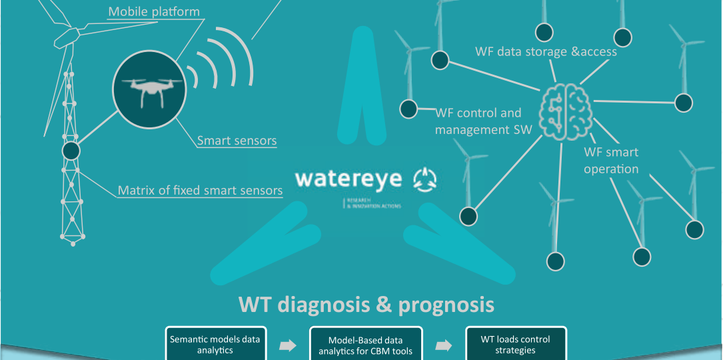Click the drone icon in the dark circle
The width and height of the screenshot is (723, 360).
pos(145,92)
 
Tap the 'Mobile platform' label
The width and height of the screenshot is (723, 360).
pos(153,11)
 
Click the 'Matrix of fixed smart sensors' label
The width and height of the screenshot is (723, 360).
pos(200,191)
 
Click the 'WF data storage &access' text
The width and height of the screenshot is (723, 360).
pos(546,51)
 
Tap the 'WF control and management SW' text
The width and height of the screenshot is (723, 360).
pos(484,121)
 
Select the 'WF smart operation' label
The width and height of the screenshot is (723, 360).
pos(611,161)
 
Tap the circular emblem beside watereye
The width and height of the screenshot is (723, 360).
pos(426,178)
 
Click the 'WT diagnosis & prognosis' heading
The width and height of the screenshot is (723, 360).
pos(366,305)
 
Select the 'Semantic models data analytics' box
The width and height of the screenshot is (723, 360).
pos(216,343)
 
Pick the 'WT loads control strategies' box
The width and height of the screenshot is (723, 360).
pos(516,343)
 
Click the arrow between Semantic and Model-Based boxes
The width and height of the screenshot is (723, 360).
pos(287,345)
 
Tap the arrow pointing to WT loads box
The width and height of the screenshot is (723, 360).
pos(443,345)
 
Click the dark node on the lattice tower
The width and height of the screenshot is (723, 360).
pos(71,151)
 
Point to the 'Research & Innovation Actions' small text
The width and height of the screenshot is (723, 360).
pos(373,204)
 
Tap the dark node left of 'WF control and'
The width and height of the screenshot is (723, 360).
pos(408,108)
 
